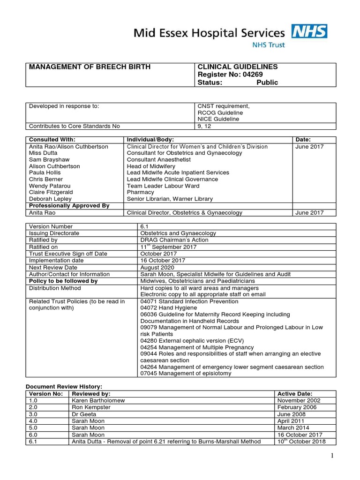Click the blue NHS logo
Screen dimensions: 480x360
309,31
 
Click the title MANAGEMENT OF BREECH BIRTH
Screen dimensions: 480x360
90,67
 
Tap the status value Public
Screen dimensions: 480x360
267,82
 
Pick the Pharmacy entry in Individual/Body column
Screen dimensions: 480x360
140,192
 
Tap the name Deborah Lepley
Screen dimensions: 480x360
49,199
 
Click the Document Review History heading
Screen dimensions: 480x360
63,386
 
